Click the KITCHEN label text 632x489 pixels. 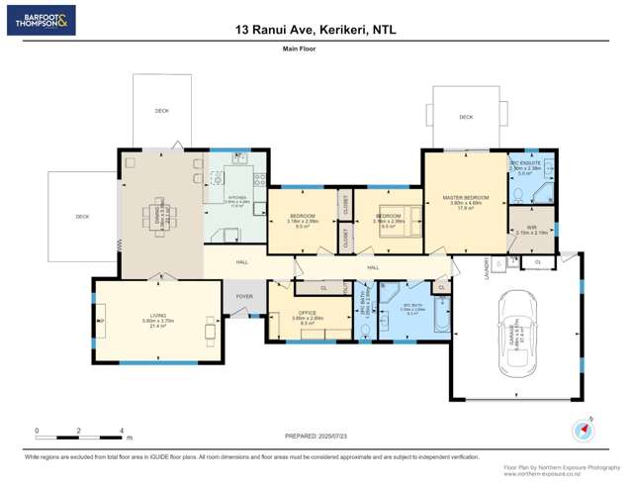pyautogui.click(x=236, y=197)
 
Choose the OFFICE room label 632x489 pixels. pyautogui.click(x=307, y=317)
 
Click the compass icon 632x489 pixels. pyautogui.click(x=583, y=432)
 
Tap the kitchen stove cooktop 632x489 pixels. pyautogui.click(x=259, y=179)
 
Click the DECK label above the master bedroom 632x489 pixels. pyautogui.click(x=466, y=118)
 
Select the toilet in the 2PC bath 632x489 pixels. pyautogui.click(x=364, y=330)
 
